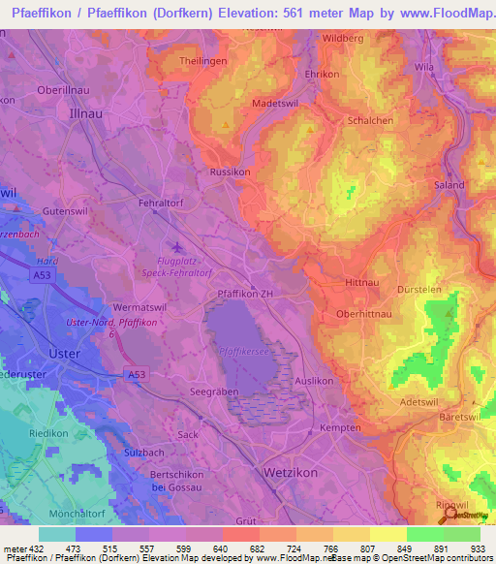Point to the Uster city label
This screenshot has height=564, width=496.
coord(64,354)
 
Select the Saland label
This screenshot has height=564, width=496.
coord(449,184)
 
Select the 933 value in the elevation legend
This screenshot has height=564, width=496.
coord(479,549)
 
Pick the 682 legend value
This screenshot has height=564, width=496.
coord(260,549)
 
